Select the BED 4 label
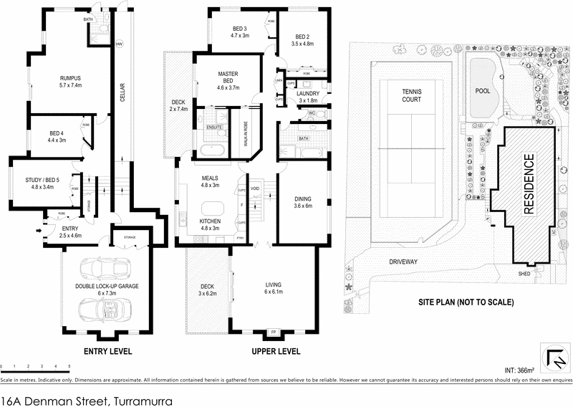57,136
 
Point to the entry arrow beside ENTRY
38,230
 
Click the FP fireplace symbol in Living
273,332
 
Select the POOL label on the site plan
483,91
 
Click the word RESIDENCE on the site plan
530,184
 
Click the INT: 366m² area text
519,370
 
